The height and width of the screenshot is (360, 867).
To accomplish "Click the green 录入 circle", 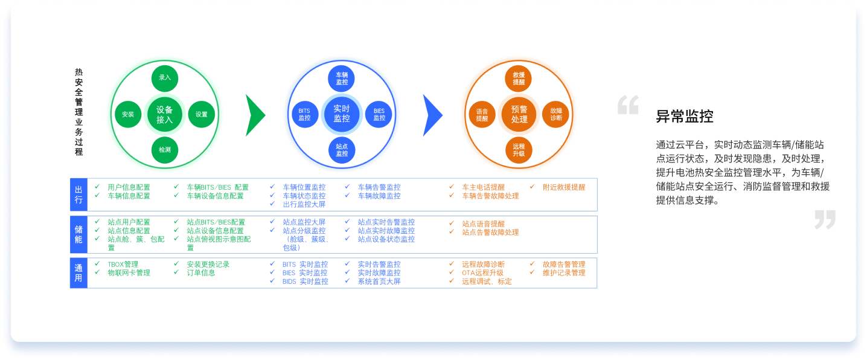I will (165, 78).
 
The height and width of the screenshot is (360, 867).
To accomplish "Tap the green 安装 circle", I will (128, 114).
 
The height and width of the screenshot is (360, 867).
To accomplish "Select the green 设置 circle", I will (202, 114).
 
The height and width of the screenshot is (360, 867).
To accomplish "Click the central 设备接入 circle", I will (165, 114).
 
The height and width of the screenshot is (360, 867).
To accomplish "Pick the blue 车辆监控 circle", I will (342, 79).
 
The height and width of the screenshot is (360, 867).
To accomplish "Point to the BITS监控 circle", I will (304, 114).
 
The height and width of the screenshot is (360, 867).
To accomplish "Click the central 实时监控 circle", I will (342, 114).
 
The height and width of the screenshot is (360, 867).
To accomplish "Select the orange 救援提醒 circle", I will (519, 79).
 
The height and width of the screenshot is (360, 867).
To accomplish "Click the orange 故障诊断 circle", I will (556, 114).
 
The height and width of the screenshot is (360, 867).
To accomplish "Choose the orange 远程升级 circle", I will (519, 150).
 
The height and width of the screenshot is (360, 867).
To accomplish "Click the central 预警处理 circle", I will (519, 114).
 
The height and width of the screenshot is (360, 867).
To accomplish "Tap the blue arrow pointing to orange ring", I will (432, 115).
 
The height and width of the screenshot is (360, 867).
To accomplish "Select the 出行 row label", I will (78, 194).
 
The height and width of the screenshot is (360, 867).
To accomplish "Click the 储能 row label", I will (78, 234).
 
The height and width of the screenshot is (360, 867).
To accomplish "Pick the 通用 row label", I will (78, 273).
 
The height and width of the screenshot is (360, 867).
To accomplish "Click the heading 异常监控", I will (685, 117).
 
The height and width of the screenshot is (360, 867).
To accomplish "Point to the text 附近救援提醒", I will (564, 187).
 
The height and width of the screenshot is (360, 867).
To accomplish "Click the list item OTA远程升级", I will (482, 273).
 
